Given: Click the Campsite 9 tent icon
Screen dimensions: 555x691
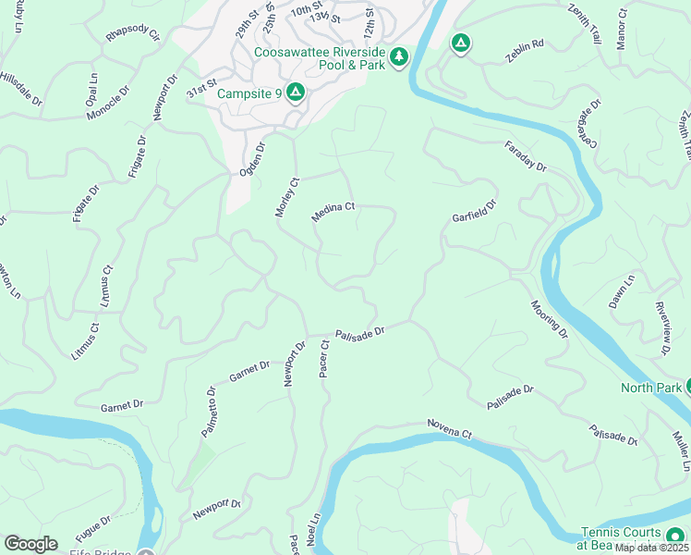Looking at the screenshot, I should (295, 92).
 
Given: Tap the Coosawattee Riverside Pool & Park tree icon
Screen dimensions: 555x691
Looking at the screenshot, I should (399, 57).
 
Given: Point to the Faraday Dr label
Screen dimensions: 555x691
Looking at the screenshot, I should (526, 157).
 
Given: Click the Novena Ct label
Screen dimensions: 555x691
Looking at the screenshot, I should (449, 428).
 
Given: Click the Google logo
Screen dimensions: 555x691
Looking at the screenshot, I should (30, 544).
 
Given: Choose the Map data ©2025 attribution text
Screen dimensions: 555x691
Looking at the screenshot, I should (651, 548).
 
